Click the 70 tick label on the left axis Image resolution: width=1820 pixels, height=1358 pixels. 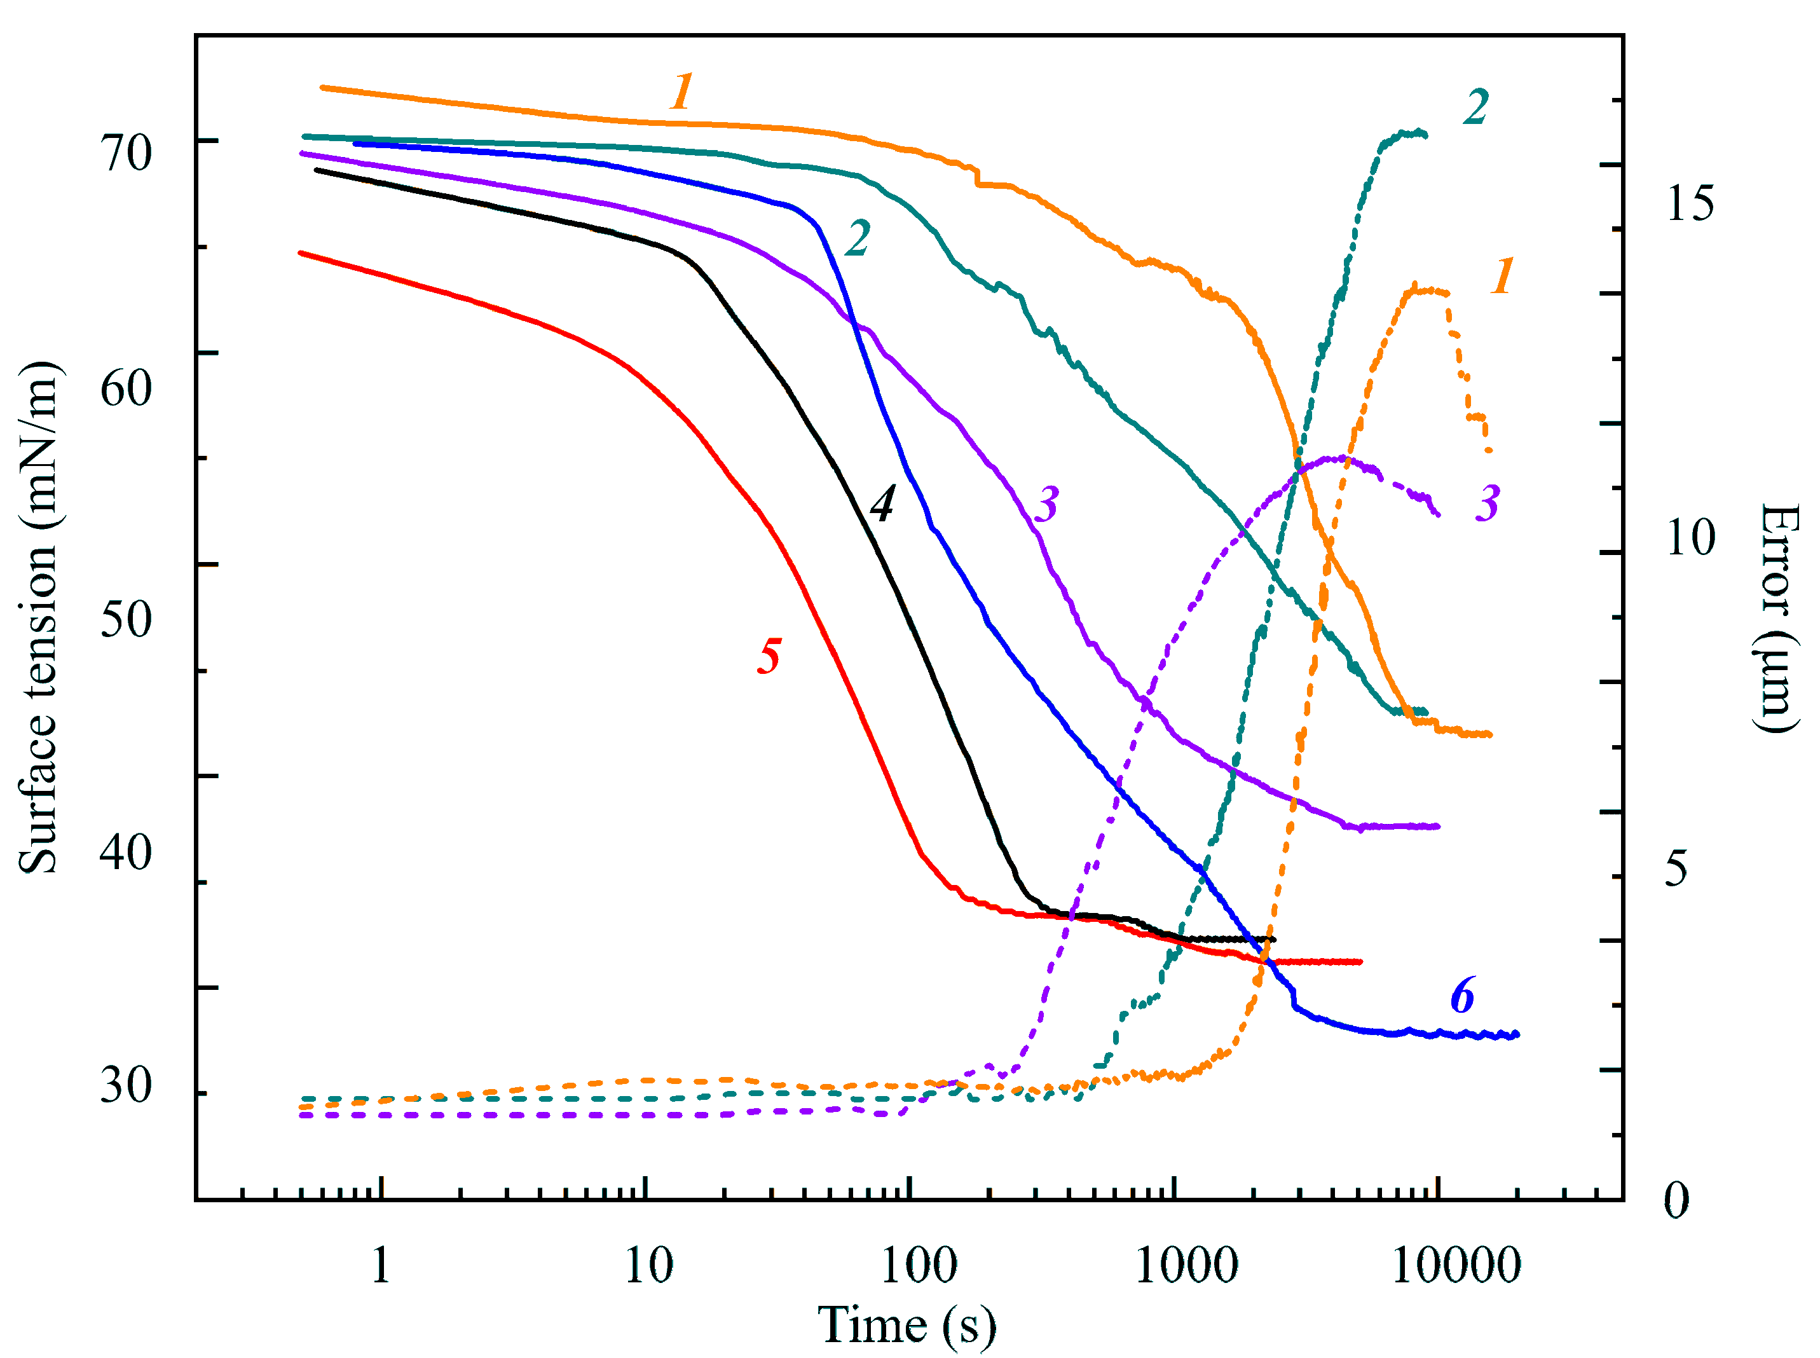click(126, 153)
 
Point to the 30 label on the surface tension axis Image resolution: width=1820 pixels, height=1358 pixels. click(126, 1085)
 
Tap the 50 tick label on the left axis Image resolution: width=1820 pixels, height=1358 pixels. click(126, 619)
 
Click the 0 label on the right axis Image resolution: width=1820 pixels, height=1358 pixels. click(1676, 1200)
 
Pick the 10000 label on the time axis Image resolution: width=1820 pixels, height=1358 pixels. click(1456, 1266)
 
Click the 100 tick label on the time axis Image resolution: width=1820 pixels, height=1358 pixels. click(918, 1266)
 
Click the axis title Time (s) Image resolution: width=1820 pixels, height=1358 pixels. click(907, 1325)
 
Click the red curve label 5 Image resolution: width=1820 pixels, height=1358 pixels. click(769, 657)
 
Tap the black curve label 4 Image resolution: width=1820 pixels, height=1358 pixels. click(882, 504)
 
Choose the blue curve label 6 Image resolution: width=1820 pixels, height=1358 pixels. click(1462, 996)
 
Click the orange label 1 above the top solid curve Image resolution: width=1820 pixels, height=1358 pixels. click(681, 92)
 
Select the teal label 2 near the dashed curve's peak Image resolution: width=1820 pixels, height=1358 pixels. click(1475, 107)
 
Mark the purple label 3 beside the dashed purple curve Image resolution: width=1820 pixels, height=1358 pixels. click(1487, 503)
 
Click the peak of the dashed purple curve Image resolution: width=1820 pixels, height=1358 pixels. click(1340, 458)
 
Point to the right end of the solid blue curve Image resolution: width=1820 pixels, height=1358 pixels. click(1517, 1034)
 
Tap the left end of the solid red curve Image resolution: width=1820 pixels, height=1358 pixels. click(301, 253)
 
